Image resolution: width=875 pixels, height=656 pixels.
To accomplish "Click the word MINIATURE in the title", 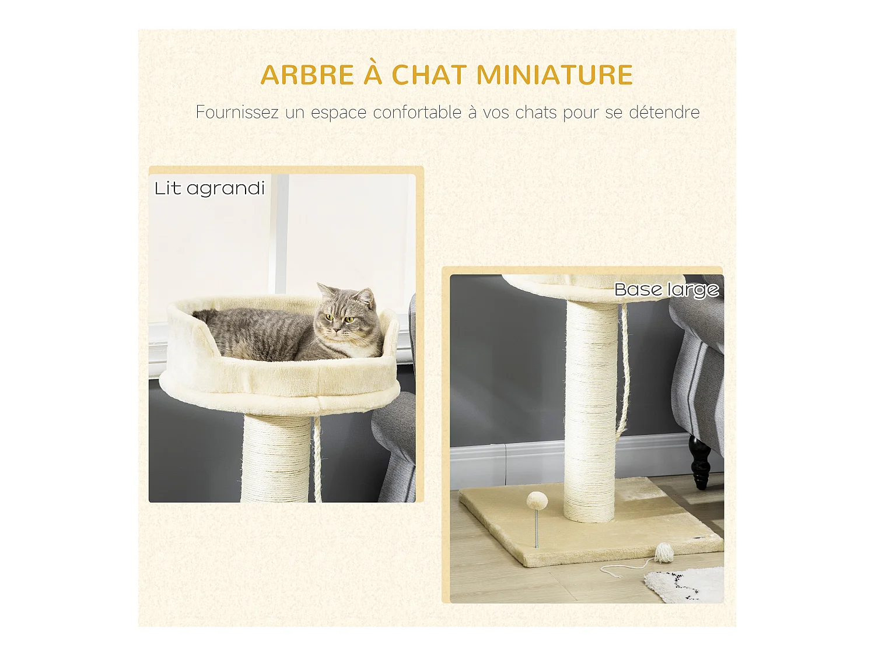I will [x=554, y=75].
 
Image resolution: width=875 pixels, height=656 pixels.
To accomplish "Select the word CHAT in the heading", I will [x=429, y=75].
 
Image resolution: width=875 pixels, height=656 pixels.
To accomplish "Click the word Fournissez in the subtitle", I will [x=237, y=112].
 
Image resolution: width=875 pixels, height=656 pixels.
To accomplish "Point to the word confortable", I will [x=417, y=112].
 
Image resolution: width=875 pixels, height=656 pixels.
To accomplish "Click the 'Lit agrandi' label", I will [x=209, y=188].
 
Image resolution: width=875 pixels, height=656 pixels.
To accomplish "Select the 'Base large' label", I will [x=666, y=290].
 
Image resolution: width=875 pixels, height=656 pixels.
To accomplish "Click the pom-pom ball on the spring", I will [x=536, y=500].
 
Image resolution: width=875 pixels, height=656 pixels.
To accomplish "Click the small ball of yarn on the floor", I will [x=664, y=552].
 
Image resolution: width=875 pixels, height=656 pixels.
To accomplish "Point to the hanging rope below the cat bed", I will [x=317, y=461].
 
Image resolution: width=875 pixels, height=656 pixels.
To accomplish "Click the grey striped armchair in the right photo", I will [x=697, y=373].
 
